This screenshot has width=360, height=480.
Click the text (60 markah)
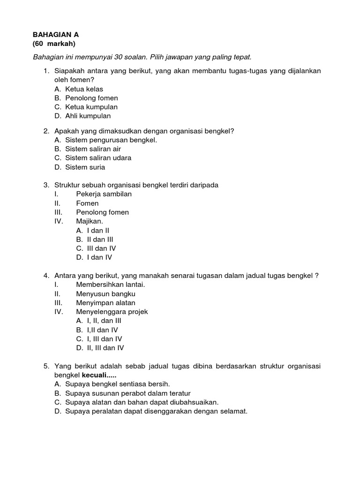coord(54,44)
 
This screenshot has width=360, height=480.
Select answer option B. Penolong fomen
coord(86,98)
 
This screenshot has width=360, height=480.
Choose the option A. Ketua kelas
coord(79,89)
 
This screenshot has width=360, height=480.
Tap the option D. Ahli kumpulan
coord(82,116)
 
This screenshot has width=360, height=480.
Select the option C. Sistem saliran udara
coord(93,158)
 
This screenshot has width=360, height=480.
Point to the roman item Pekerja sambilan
coord(104,194)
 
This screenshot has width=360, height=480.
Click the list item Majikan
coord(90,221)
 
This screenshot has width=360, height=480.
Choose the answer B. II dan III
coord(94,240)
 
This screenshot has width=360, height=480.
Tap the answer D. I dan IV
coord(94,257)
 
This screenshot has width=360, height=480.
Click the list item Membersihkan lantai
coord(111,285)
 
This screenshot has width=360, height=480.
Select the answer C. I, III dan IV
coord(99,339)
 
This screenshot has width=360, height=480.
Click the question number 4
coord(46,276)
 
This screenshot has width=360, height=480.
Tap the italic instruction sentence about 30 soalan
coord(142,57)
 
